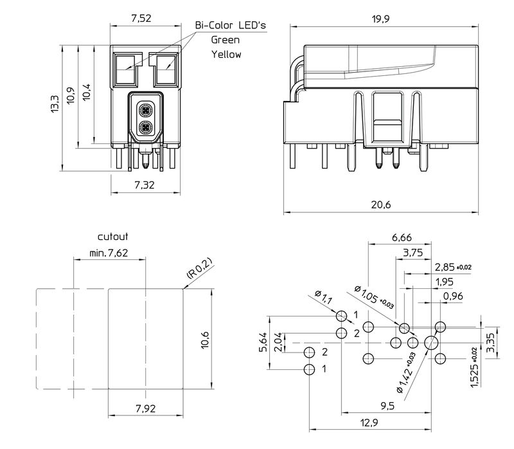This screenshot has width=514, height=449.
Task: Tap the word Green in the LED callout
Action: point(226,39)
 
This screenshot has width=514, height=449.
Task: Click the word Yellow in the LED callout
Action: point(227,55)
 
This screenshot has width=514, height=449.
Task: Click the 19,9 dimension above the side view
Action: point(381,19)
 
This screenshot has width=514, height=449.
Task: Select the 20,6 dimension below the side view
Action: point(381,205)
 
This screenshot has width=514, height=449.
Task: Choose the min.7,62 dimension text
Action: point(109,253)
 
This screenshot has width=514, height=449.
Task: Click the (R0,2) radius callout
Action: point(199,268)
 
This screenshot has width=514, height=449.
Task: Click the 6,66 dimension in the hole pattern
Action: point(402,237)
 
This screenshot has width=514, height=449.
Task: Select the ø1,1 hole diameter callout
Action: point(325,298)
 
